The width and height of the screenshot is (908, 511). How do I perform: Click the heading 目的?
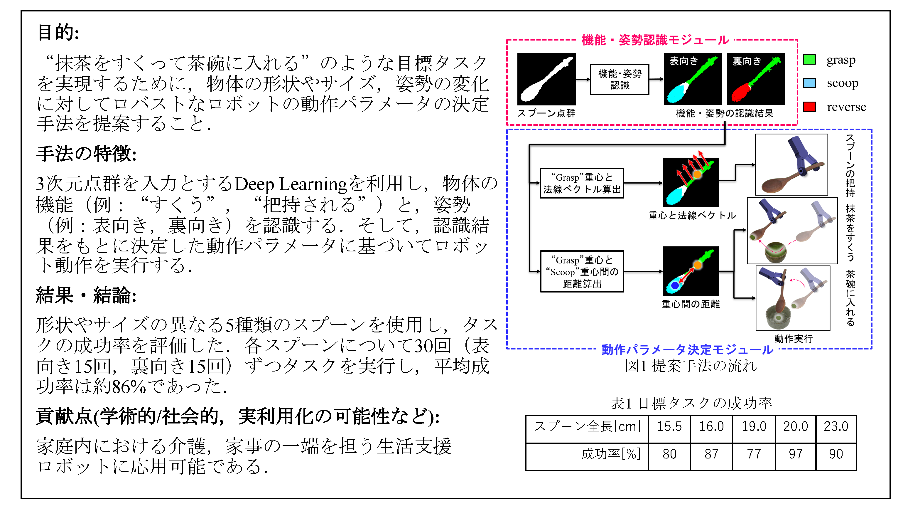[58, 32]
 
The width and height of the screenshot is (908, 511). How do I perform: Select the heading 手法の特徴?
[86, 154]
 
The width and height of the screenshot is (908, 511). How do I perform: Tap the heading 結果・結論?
[86, 295]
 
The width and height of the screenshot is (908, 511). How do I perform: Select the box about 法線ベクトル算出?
[582, 183]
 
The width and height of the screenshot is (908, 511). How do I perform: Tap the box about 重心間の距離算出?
[582, 272]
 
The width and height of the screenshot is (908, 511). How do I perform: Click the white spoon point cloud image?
[546, 79]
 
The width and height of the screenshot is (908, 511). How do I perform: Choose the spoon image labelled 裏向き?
[756, 79]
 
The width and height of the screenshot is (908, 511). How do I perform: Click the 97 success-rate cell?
[795, 454]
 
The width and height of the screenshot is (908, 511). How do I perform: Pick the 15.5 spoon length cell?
[669, 426]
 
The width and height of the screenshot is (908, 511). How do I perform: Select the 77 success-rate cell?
[754, 454]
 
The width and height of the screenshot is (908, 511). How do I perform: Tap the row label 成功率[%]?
[611, 454]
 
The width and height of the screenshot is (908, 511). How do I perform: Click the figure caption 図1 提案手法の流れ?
[691, 366]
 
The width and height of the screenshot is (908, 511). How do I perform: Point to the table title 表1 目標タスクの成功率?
[691, 403]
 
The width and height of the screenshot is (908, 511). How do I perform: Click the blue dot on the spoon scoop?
[675, 285]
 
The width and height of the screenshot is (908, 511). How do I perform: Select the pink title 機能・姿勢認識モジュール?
[655, 40]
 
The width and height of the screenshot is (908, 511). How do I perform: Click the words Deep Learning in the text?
[291, 184]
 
